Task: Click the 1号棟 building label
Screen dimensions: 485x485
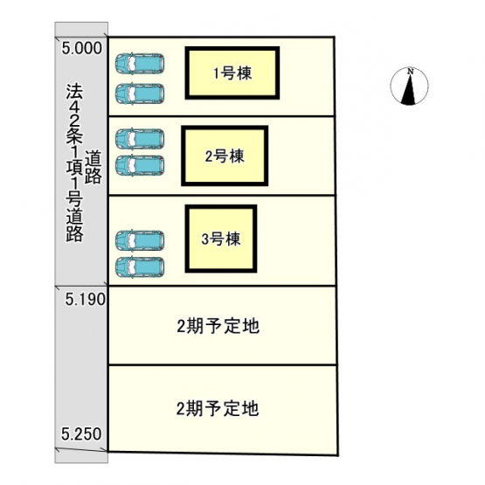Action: coord(233,73)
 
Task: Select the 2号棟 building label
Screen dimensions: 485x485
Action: coord(225,156)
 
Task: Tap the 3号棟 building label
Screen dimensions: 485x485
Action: coord(221,239)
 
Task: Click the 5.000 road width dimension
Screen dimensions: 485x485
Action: coord(81,48)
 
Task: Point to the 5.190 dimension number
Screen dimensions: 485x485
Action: coord(86,300)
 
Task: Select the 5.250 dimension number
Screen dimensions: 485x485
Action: coord(81,434)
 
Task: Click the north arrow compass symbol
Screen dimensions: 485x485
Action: coord(409,87)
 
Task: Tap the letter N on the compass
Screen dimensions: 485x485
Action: coord(411,71)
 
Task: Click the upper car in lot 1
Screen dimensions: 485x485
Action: coord(140,64)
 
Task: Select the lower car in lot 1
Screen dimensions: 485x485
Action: coord(140,94)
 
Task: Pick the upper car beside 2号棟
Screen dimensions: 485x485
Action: coord(140,139)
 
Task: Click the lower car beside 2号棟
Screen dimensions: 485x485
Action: coord(140,165)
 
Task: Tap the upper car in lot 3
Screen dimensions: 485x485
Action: coord(140,240)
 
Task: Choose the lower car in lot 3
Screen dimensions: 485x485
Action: coord(140,267)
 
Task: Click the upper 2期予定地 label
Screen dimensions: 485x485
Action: coord(218,326)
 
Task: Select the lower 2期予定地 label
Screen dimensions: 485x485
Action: coord(218,408)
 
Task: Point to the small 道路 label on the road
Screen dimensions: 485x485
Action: coord(94,167)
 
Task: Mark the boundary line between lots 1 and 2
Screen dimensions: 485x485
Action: coord(221,116)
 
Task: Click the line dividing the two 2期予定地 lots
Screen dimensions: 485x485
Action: coord(222,365)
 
